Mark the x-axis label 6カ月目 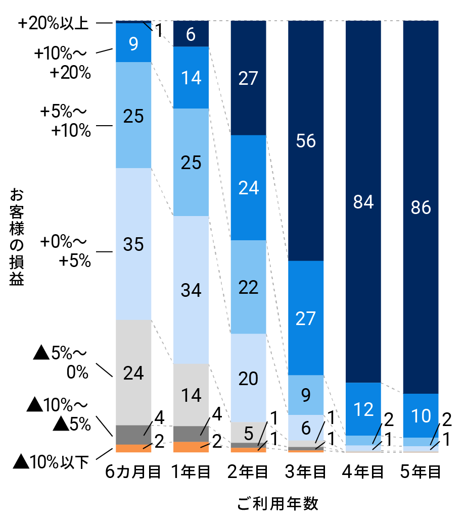[x=133, y=473]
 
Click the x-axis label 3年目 [x=306, y=473]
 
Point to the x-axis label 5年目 [x=421, y=473]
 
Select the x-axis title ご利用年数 [x=277, y=504]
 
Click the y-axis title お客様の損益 [x=17, y=237]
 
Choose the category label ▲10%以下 [x=51, y=461]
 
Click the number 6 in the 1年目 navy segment [x=191, y=34]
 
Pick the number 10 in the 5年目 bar [x=421, y=415]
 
